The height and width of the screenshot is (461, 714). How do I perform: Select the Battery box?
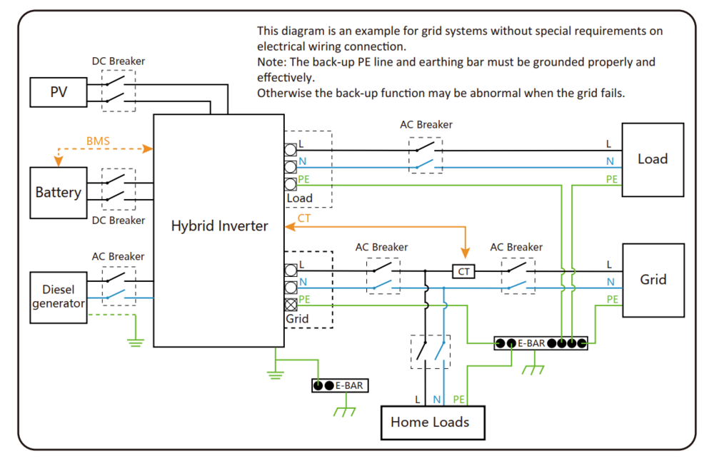click(x=58, y=193)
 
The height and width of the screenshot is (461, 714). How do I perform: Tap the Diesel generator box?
click(x=58, y=297)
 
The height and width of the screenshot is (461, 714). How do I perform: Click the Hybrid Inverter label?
click(x=219, y=226)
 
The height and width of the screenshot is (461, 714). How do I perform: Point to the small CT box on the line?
click(x=465, y=271)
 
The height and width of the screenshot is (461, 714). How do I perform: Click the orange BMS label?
click(x=98, y=141)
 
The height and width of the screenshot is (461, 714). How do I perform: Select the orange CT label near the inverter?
click(x=304, y=218)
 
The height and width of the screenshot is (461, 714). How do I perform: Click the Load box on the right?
click(x=653, y=159)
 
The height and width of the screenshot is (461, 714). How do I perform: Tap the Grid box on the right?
click(x=653, y=280)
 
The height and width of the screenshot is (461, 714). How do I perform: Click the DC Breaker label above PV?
click(x=119, y=61)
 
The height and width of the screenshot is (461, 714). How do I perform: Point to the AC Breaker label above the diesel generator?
click(x=118, y=256)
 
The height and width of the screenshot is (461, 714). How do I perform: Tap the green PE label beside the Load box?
click(x=611, y=179)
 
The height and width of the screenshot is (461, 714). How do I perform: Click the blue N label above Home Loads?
click(x=437, y=400)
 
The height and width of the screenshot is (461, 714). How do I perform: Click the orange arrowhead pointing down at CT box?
click(x=465, y=253)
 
